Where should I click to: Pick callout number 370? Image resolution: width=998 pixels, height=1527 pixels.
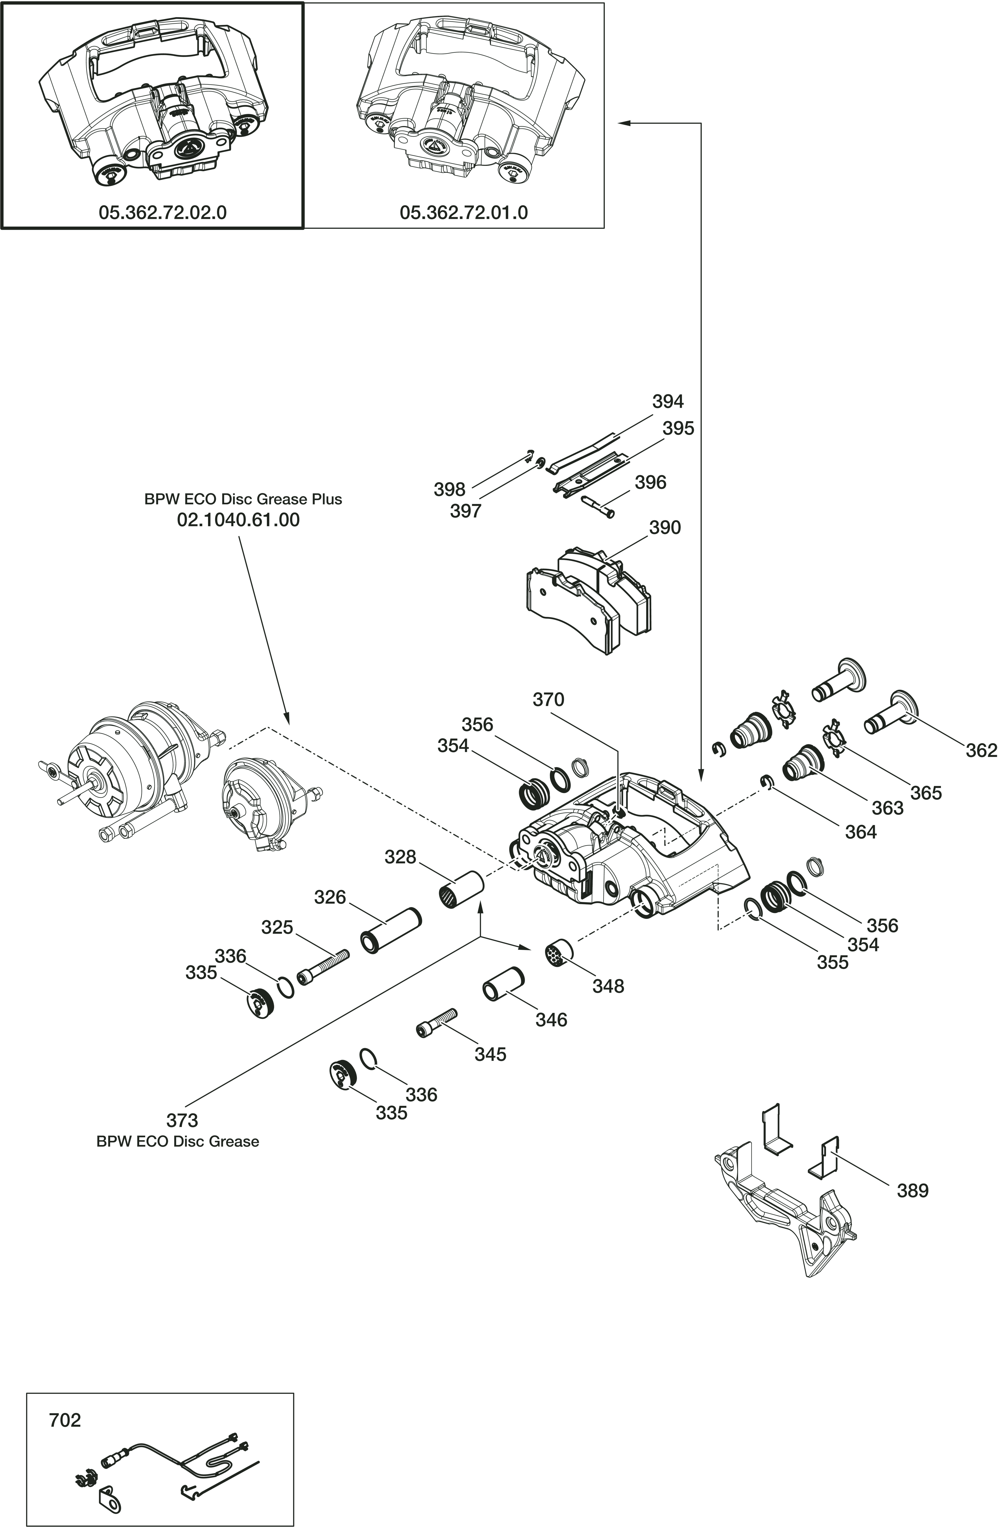click(x=548, y=699)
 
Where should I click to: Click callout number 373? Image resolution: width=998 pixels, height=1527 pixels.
click(x=182, y=1121)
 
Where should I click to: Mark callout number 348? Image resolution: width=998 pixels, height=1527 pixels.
click(x=608, y=986)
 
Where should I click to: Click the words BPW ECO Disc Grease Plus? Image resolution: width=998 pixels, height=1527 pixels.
click(x=243, y=499)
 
